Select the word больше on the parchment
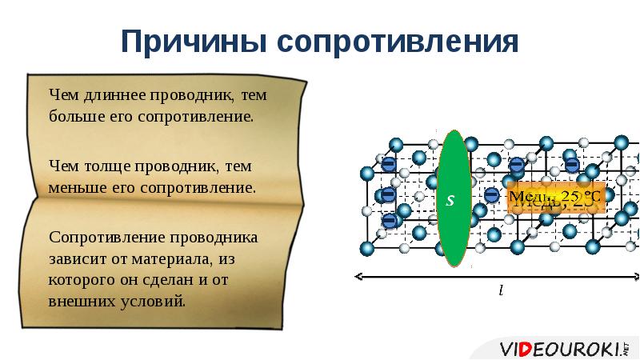(x=72, y=116)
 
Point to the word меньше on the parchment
(x=74, y=188)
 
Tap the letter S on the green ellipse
(x=450, y=200)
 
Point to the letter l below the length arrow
(x=500, y=292)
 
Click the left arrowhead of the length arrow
(x=358, y=277)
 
